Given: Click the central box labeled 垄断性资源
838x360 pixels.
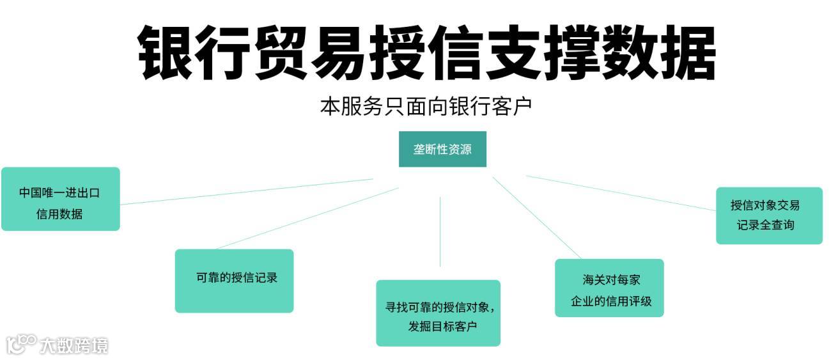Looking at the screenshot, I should point(442,149).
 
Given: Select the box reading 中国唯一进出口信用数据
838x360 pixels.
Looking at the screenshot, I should point(60,199).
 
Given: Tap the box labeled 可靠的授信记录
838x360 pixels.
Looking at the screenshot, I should point(234,281).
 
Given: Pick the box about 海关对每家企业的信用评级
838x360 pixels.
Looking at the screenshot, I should point(609,288).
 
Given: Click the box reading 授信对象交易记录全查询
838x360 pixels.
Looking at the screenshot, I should point(768,215).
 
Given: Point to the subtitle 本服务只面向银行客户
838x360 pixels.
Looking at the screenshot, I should point(426,106).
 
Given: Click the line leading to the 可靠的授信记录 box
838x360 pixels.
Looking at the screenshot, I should point(307,218).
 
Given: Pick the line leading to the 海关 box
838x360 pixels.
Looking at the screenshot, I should point(537,218).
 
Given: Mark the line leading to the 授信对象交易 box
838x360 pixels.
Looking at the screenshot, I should point(620,193).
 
